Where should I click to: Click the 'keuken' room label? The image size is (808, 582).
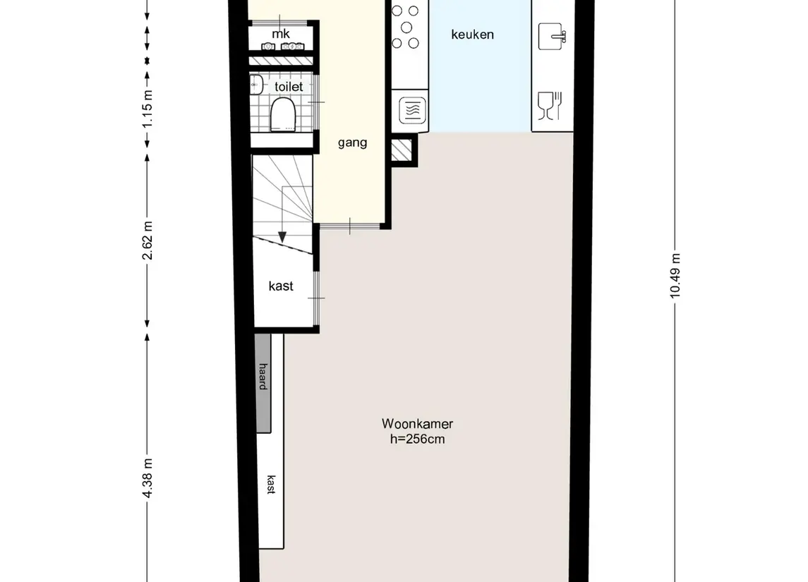tap(472, 35)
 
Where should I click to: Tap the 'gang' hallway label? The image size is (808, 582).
tap(352, 143)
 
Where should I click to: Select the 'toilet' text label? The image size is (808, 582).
tap(289, 87)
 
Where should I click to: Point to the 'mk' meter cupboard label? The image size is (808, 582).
tap(281, 34)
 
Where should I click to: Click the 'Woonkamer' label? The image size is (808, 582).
tap(417, 424)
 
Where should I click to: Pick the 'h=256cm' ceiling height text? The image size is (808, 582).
tap(417, 439)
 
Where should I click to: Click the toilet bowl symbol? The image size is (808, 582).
tap(283, 114)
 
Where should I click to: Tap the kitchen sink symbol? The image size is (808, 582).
tap(552, 36)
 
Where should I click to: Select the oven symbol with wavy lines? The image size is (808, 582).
tap(412, 110)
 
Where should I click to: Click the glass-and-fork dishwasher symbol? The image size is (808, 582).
tap(549, 106)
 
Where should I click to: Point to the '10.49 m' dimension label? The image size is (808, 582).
tap(675, 276)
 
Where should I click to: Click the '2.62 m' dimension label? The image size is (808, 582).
tap(147, 241)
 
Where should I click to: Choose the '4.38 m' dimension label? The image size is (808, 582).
tap(147, 478)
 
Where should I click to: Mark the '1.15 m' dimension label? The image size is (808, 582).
tap(147, 109)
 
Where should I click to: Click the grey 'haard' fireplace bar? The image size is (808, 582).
tap(263, 383)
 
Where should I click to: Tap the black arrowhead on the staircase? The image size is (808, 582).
tap(282, 237)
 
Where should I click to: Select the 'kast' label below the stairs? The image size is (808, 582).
tap(281, 286)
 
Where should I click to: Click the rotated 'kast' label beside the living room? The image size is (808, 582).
tap(271, 485)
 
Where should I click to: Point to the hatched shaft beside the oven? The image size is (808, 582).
tap(402, 150)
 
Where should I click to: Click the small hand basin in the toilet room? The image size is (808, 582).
tap(256, 85)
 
